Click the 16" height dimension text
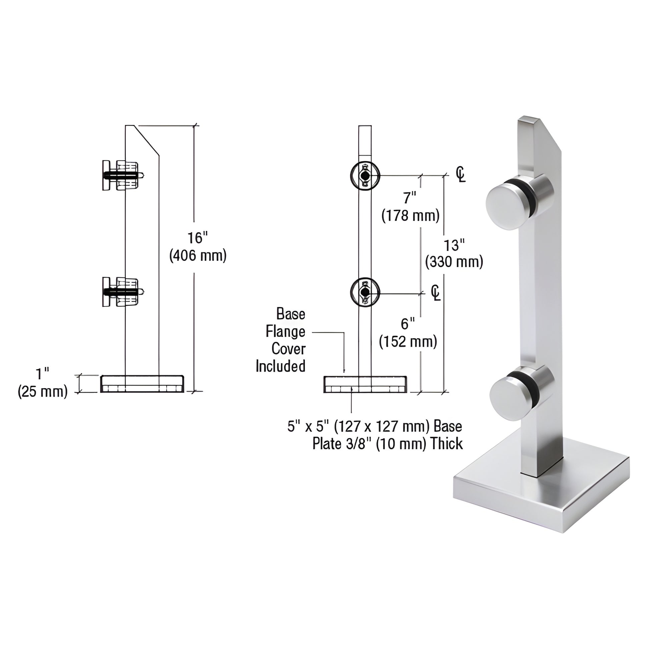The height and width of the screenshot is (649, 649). (x=197, y=238)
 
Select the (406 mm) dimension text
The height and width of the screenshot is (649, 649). (x=198, y=256)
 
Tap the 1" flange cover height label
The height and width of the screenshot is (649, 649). (x=43, y=374)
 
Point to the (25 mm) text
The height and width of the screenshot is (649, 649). (x=43, y=391)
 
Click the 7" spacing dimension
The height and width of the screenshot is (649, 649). (x=410, y=198)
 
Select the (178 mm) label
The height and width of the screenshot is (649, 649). (x=410, y=215)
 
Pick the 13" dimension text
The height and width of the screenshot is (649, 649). (x=454, y=245)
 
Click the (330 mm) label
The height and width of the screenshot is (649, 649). (x=454, y=262)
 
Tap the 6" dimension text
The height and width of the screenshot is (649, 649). (x=408, y=324)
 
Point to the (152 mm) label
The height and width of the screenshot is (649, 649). (x=408, y=342)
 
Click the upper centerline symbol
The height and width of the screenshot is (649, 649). (x=461, y=174)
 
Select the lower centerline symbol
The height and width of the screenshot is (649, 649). (x=436, y=292)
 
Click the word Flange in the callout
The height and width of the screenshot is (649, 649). (x=285, y=332)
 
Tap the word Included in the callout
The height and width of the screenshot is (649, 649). (x=280, y=366)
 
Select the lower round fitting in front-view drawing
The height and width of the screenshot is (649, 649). (x=365, y=292)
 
